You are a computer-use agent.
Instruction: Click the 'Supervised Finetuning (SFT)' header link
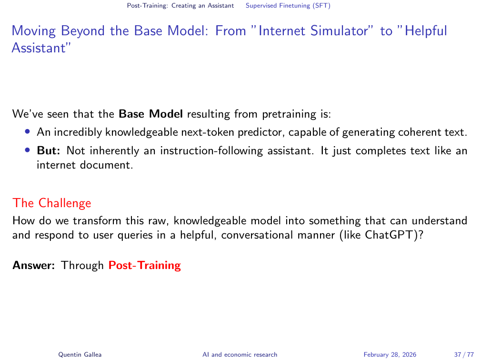pyautogui.click(x=288, y=6)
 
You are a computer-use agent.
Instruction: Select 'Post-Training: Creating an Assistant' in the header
pyautogui.click(x=180, y=6)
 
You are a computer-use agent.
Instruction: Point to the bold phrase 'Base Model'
pyautogui.click(x=150, y=114)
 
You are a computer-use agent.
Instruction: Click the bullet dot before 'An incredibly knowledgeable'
pyautogui.click(x=28, y=131)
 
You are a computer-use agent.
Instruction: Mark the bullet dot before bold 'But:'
pyautogui.click(x=28, y=150)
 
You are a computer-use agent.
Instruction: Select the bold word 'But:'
pyautogui.click(x=49, y=150)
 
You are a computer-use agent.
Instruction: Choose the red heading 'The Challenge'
pyautogui.click(x=52, y=203)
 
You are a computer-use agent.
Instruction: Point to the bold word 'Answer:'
pyautogui.click(x=33, y=265)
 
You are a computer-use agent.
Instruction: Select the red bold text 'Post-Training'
pyautogui.click(x=144, y=265)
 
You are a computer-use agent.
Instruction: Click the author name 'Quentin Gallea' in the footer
pyautogui.click(x=80, y=354)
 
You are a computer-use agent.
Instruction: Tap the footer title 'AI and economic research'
pyautogui.click(x=240, y=354)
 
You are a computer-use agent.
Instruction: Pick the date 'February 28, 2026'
pyautogui.click(x=390, y=354)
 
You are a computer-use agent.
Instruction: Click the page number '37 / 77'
pyautogui.click(x=464, y=354)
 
